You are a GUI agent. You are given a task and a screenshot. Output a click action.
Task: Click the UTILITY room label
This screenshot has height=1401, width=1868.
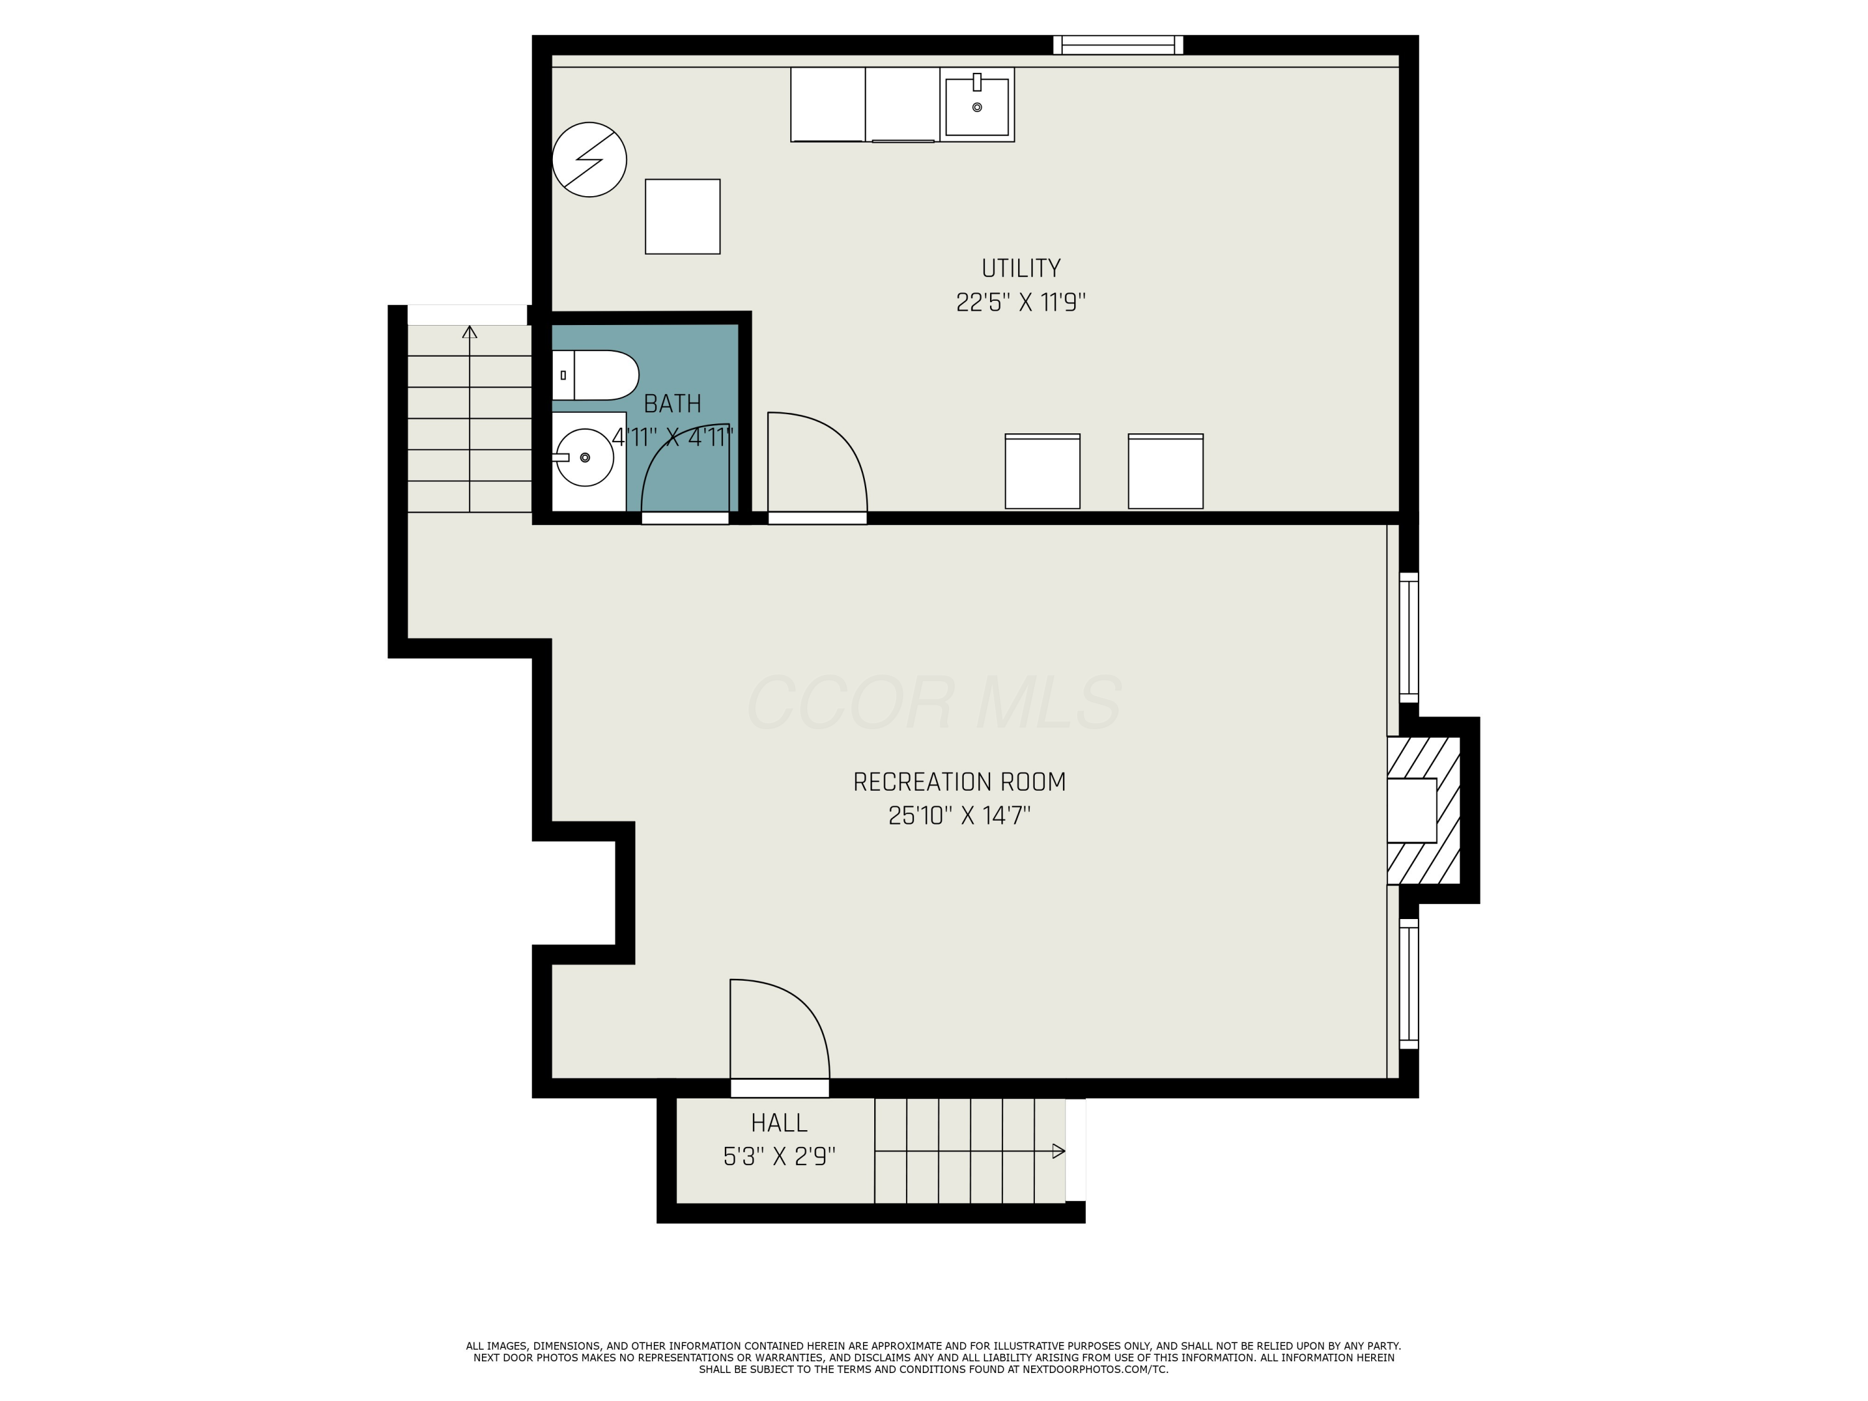click(1020, 268)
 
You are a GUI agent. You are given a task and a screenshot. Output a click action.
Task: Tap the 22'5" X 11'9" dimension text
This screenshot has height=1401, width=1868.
click(1020, 303)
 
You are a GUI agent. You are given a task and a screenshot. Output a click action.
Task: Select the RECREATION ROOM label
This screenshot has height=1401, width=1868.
click(960, 782)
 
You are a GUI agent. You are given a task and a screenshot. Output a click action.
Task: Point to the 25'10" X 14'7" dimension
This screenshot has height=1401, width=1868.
click(960, 816)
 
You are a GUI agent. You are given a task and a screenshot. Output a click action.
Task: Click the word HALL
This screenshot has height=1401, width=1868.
click(778, 1123)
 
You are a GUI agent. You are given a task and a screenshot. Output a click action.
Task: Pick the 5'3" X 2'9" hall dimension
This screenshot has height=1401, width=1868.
click(778, 1156)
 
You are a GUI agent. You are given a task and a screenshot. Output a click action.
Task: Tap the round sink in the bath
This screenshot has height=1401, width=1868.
click(585, 457)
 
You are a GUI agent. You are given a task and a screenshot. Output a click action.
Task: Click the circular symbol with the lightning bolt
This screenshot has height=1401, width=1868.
click(590, 159)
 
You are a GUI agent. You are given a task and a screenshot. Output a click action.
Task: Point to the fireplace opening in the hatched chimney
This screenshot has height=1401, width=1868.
click(1411, 810)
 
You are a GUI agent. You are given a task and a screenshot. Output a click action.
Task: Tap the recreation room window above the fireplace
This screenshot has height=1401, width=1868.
click(1408, 638)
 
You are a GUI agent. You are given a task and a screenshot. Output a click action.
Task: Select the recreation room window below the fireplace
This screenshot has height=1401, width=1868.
click(1408, 983)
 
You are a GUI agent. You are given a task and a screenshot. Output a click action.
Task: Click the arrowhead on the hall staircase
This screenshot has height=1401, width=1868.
click(1059, 1151)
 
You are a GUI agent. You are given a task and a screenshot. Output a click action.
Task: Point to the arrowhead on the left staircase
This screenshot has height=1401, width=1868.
click(469, 332)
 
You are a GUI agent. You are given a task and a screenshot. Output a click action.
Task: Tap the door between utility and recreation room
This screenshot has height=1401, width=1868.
click(816, 517)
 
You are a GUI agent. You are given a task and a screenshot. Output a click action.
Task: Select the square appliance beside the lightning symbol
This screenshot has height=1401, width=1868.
click(682, 216)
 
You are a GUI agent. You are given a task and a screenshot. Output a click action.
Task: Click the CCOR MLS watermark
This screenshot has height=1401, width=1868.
click(934, 702)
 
